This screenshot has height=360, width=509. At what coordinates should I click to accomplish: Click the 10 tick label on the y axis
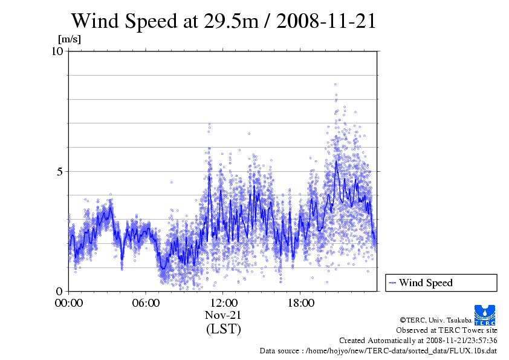point(57,51)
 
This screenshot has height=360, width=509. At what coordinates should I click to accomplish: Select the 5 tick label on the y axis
point(60,171)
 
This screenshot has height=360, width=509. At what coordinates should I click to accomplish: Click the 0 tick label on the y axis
point(60,291)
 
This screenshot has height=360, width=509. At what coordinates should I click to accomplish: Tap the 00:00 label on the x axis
point(69,303)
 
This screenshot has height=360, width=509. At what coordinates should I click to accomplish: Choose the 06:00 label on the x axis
point(146,303)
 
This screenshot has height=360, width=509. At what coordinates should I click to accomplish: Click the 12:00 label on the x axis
point(223,303)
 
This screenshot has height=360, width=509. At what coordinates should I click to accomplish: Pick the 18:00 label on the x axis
point(300,303)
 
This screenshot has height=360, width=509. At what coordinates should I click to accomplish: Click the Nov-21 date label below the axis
point(223,315)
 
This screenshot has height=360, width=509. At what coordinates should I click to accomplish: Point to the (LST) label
point(223,329)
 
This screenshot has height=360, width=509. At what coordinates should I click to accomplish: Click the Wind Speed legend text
point(426,283)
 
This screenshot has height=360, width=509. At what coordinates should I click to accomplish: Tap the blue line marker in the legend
point(392,283)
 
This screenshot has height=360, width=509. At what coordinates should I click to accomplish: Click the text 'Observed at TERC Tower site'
point(446,330)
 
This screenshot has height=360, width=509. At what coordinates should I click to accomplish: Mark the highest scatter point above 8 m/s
point(336,85)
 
